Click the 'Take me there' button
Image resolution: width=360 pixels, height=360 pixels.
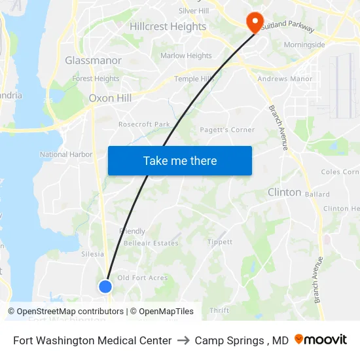click(180, 161)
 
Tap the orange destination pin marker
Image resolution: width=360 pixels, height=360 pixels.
click(255, 22)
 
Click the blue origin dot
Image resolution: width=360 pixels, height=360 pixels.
click(105, 286)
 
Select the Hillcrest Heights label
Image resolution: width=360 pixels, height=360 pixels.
click(168, 27)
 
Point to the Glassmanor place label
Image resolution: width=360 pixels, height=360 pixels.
click(93, 60)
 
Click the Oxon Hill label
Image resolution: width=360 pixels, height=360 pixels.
click(110, 98)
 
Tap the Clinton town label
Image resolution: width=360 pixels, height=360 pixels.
click(284, 192)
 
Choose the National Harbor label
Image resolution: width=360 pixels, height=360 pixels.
click(66, 154)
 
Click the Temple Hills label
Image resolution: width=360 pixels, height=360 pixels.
click(194, 79)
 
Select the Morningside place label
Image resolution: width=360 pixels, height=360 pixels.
click(304, 45)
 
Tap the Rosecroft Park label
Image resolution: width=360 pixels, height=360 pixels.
click(144, 124)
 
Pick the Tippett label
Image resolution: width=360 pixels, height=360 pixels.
click(220, 242)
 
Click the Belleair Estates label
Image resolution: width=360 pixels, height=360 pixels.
click(151, 243)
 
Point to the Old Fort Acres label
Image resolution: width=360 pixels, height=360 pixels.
click(142, 278)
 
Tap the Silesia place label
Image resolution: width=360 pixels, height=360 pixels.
click(92, 254)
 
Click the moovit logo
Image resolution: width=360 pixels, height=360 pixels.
click(321, 340)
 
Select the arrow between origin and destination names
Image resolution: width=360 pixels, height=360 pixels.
click(183, 340)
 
